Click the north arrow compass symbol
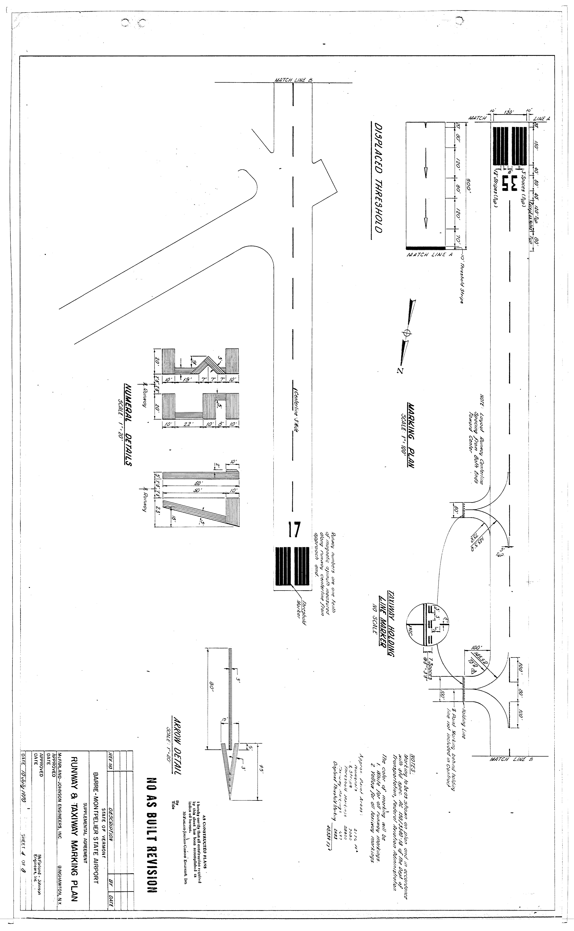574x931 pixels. pos(407,333)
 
